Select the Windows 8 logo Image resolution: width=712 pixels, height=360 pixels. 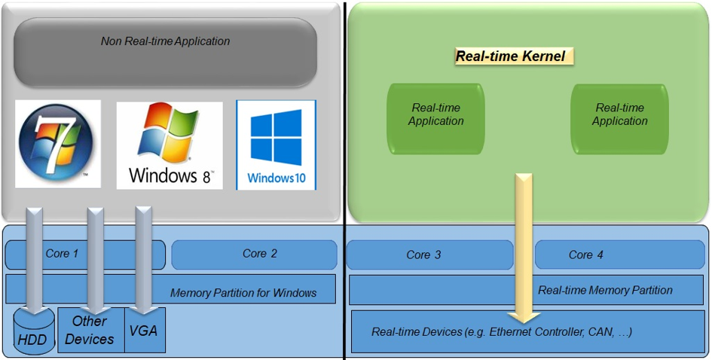pos(170,145)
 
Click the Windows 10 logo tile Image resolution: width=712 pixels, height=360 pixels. pos(276,145)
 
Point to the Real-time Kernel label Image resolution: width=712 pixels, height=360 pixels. pos(510,56)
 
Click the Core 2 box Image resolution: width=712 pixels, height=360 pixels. pos(254,255)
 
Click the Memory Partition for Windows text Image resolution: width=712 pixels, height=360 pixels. pos(243,293)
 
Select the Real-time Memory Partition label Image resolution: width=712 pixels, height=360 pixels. pos(605,290)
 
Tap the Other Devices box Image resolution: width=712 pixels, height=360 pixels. pos(90,331)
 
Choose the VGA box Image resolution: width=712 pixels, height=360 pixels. pos(144,330)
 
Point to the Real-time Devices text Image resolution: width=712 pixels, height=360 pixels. pos(501,331)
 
